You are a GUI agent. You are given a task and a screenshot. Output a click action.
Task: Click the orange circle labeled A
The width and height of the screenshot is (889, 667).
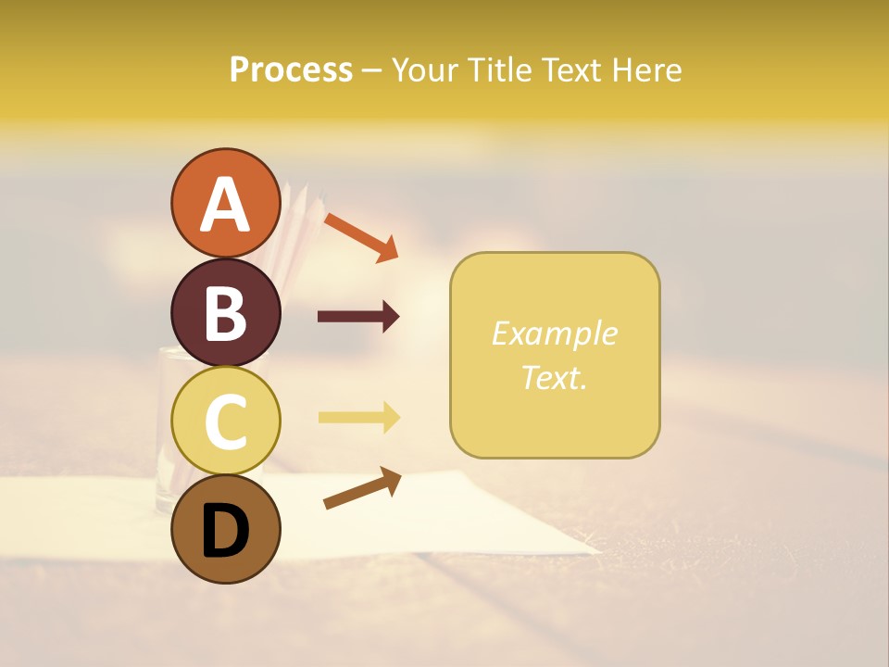(225, 203)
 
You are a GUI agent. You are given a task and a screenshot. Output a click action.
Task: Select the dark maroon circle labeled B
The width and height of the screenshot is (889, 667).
(225, 312)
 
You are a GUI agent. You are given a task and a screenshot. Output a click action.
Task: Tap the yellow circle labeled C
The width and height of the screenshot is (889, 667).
(225, 421)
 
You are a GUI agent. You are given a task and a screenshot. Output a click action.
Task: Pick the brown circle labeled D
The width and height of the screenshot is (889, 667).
(225, 529)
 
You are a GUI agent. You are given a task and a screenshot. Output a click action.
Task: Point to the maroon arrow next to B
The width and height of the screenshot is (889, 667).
(358, 317)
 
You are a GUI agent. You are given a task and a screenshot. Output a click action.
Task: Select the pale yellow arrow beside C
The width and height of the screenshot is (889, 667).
(358, 418)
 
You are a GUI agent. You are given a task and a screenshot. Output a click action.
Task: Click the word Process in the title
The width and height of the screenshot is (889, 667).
(291, 70)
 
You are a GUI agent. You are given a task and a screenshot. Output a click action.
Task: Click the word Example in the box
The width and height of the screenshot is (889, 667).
(554, 333)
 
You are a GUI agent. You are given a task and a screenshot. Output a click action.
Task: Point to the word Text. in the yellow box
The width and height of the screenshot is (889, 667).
(554, 377)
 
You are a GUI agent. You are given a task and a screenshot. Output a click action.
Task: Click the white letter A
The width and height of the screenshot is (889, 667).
(225, 205)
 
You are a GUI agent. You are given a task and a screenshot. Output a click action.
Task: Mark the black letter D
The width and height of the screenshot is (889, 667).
(225, 531)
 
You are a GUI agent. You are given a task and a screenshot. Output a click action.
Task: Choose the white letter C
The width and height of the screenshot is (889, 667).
(225, 422)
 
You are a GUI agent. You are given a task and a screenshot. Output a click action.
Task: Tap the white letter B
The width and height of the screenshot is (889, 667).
(225, 314)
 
